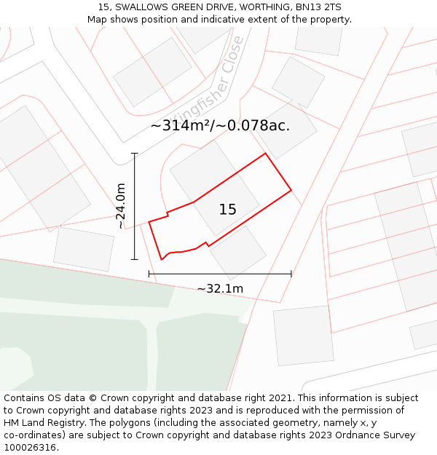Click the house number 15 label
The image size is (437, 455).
pos(227,210)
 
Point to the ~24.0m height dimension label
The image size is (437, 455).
pos(121,206)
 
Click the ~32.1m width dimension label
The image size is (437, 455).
pos(220,289)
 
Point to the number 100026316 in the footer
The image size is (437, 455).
pos(31,448)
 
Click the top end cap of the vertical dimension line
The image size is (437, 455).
pos(135,154)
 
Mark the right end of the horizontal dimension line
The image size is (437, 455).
pos(291,274)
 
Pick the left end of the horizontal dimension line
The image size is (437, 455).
pos(149,274)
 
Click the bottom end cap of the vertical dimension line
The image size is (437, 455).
pos(135,259)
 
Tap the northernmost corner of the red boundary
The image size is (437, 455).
pos(265,153)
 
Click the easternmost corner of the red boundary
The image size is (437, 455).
pos(291,190)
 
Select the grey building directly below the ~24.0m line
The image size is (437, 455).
pos(84,249)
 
